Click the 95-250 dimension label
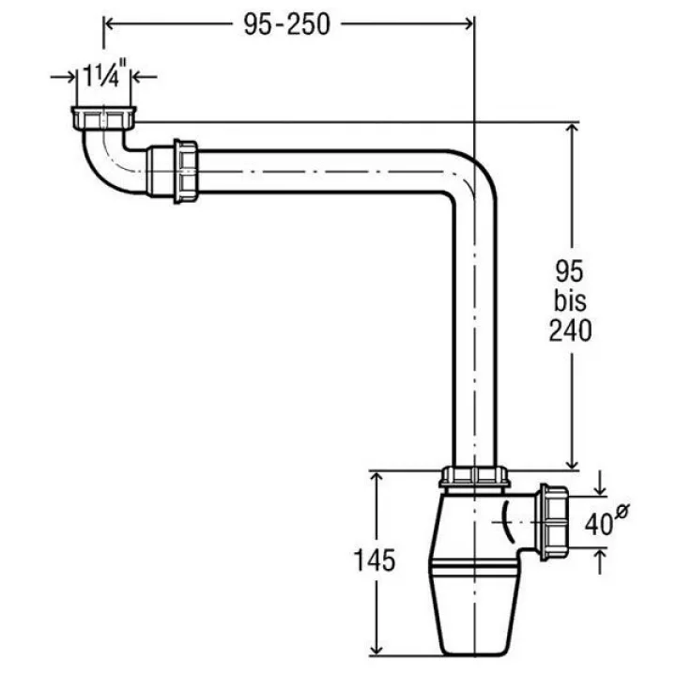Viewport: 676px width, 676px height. tap(287, 24)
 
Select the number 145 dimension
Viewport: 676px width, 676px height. tap(375, 561)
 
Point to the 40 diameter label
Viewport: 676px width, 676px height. tap(599, 524)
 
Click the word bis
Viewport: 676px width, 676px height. tap(571, 300)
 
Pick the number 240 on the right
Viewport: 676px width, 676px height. tap(571, 331)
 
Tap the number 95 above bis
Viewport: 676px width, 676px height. tap(570, 271)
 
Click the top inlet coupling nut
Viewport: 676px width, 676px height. tap(103, 118)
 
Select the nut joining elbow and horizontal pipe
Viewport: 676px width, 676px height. tap(186, 171)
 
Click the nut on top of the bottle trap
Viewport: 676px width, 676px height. tap(474, 477)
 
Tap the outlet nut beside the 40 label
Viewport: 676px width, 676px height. tap(554, 523)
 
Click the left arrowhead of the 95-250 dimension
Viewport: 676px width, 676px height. tap(110, 24)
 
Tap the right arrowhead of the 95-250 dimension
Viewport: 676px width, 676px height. tap(468, 24)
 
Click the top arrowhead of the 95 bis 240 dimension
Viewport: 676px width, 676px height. tap(572, 130)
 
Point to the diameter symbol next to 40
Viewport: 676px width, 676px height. tap(622, 510)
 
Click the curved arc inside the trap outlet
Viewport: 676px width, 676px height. tap(506, 522)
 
